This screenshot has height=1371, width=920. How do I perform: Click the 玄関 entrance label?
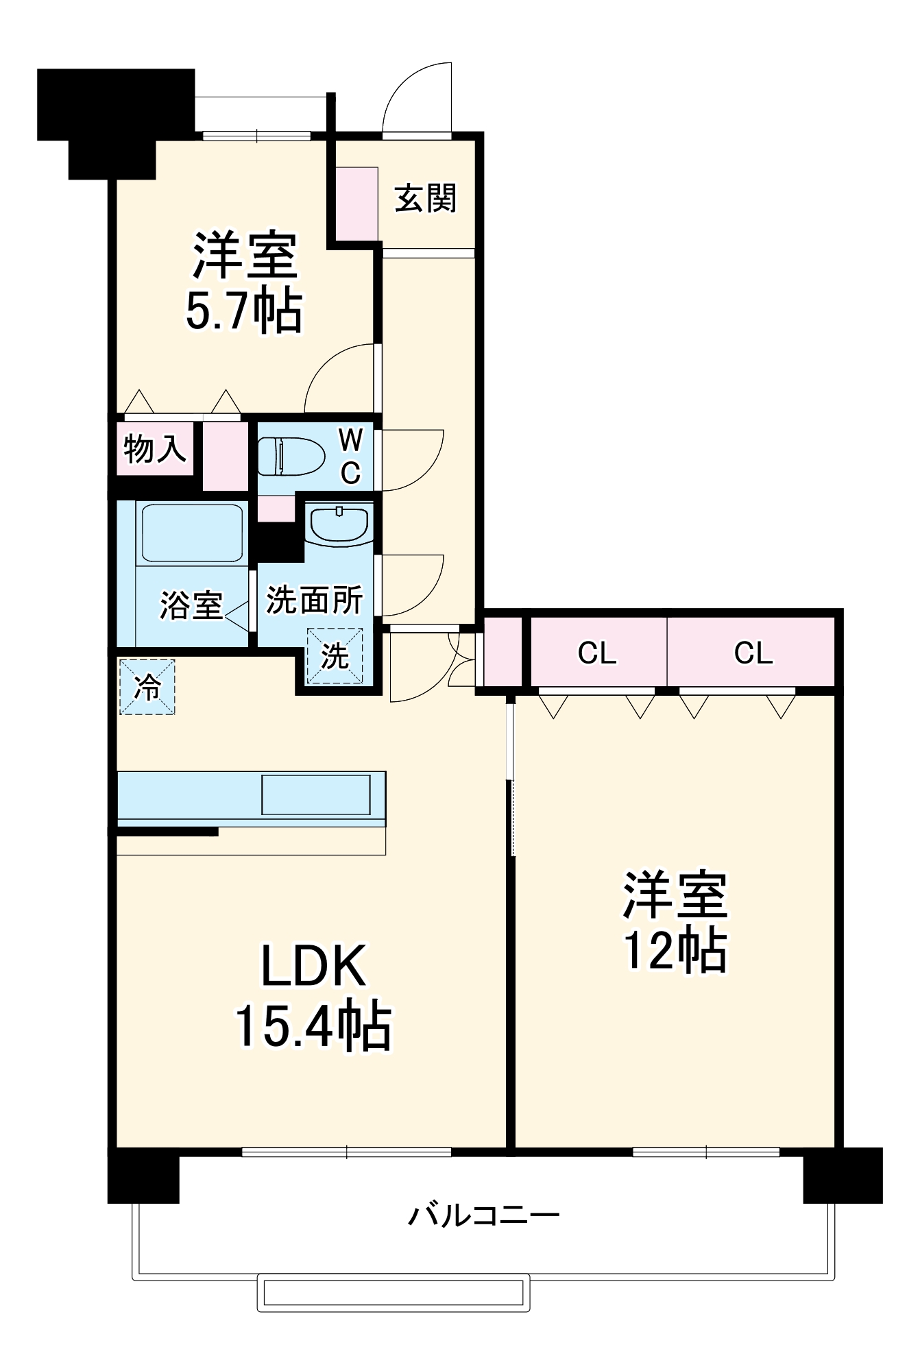pos(425,199)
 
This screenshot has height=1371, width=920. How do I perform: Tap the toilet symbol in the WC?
pos(291,456)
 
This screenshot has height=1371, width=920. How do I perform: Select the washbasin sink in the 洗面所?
pos(339,524)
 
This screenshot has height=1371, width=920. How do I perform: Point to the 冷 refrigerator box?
pos(147,687)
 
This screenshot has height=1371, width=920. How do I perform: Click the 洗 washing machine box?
pos(335,656)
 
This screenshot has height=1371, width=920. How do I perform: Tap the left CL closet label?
pos(597,653)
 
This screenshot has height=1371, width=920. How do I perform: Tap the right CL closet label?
pos(753,653)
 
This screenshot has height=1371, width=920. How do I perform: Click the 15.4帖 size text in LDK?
pos(313,1027)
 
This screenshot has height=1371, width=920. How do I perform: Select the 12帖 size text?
pos(675,950)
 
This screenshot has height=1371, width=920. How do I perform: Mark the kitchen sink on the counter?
pos(316,794)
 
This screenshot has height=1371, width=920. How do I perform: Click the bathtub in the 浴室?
pos(191,533)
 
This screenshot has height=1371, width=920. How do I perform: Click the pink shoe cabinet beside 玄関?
pos(356,203)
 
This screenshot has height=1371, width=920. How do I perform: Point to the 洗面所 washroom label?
pos(314,600)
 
